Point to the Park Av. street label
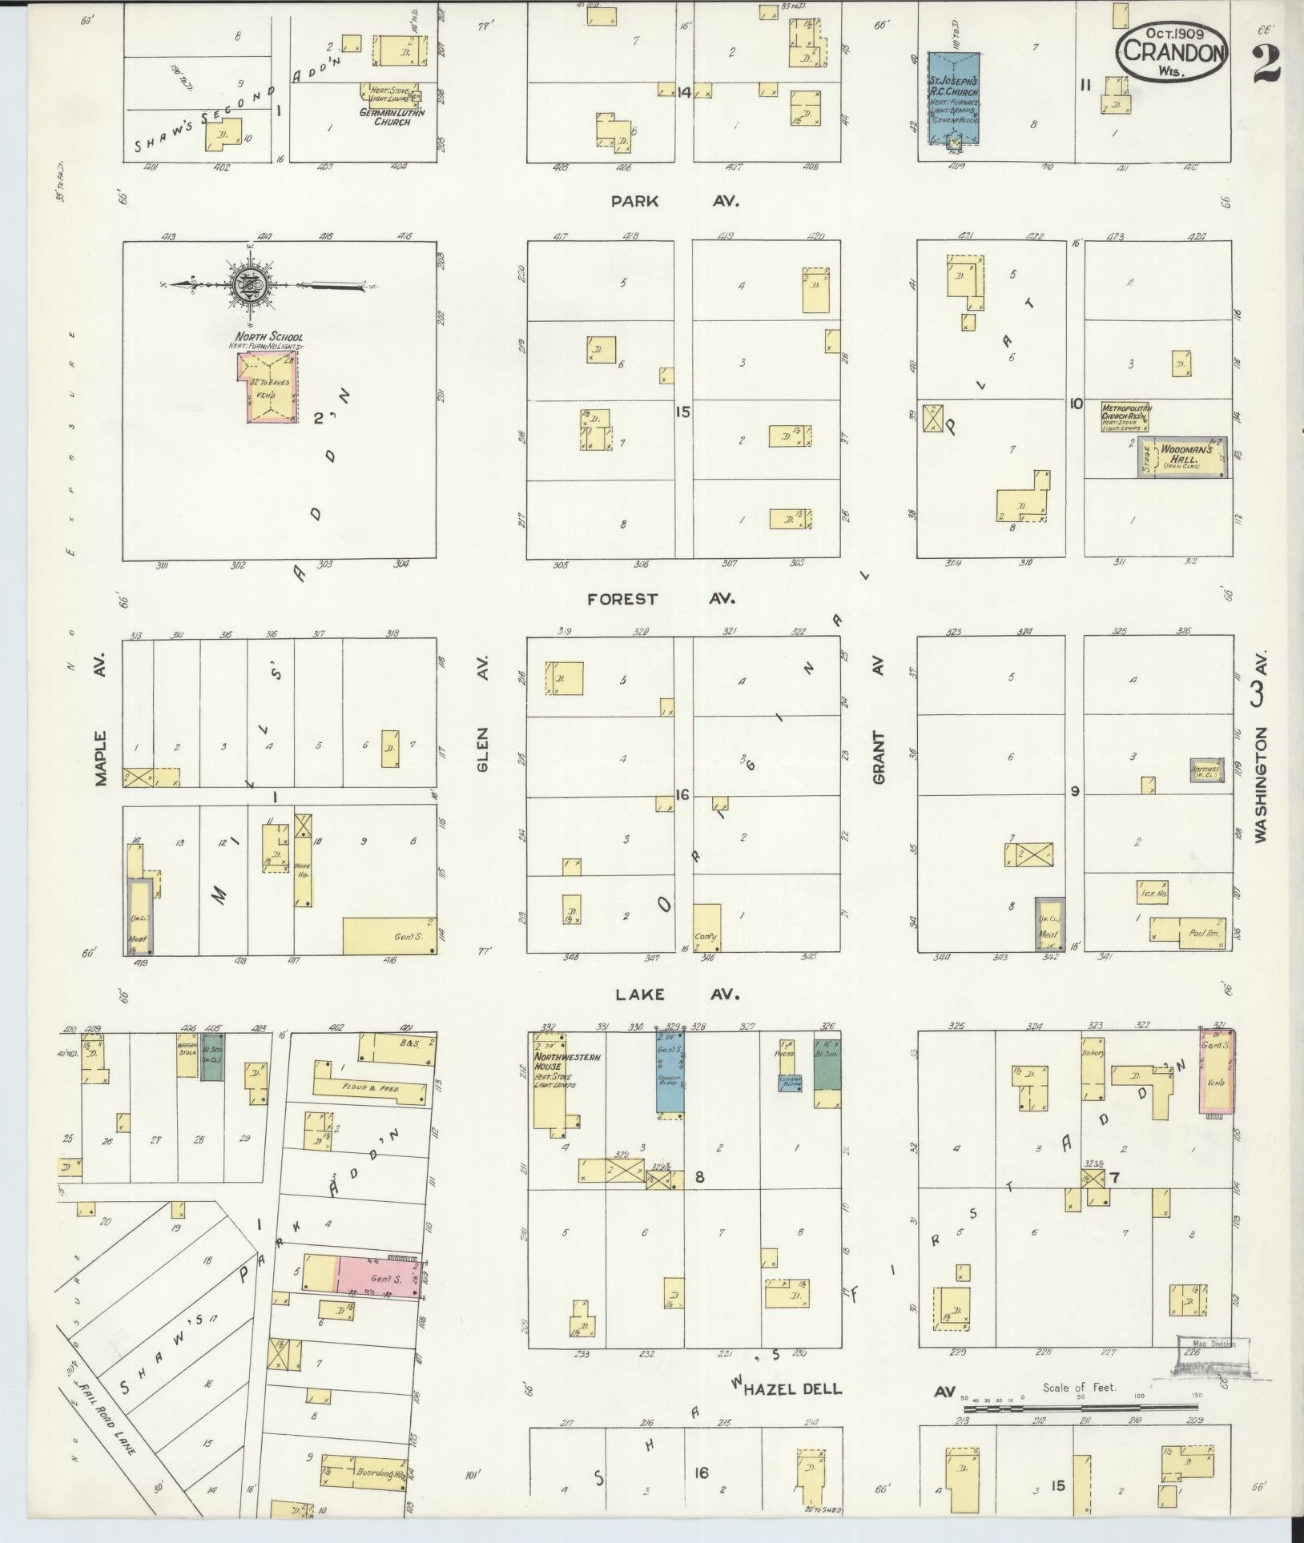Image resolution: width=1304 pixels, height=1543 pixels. point(674,201)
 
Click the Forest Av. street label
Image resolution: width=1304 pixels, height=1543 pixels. point(661,598)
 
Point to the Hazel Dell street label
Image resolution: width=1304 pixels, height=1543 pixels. point(792,827)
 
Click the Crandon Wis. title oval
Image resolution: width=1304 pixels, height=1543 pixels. point(1174,51)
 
